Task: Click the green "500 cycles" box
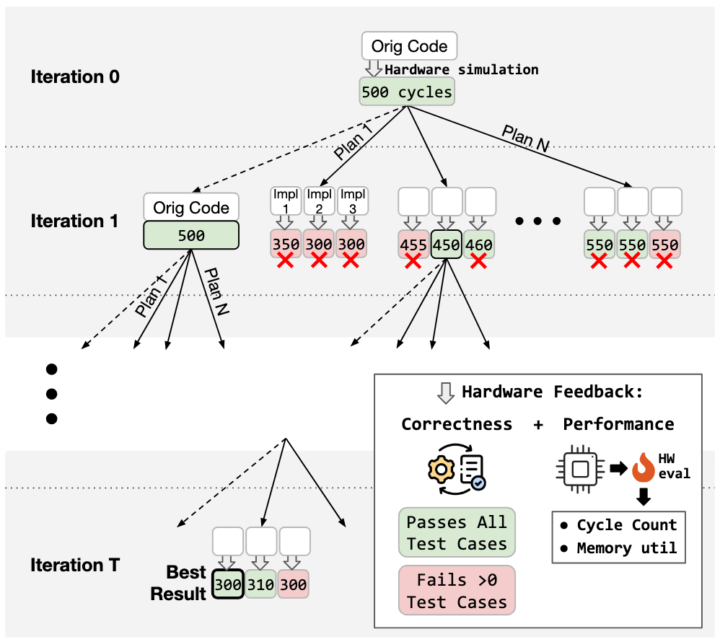(408, 92)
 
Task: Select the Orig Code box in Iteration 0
(409, 46)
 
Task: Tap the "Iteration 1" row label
(74, 221)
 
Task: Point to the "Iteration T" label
(75, 565)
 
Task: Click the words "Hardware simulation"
(462, 70)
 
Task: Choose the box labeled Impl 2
(318, 201)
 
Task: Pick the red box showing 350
(286, 245)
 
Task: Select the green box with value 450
(447, 245)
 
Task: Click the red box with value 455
(413, 245)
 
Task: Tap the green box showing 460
(479, 245)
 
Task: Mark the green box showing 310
(260, 585)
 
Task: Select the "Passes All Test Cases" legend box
(456, 532)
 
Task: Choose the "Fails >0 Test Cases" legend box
(456, 591)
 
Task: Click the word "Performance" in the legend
(618, 424)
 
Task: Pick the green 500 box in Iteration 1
(191, 236)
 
